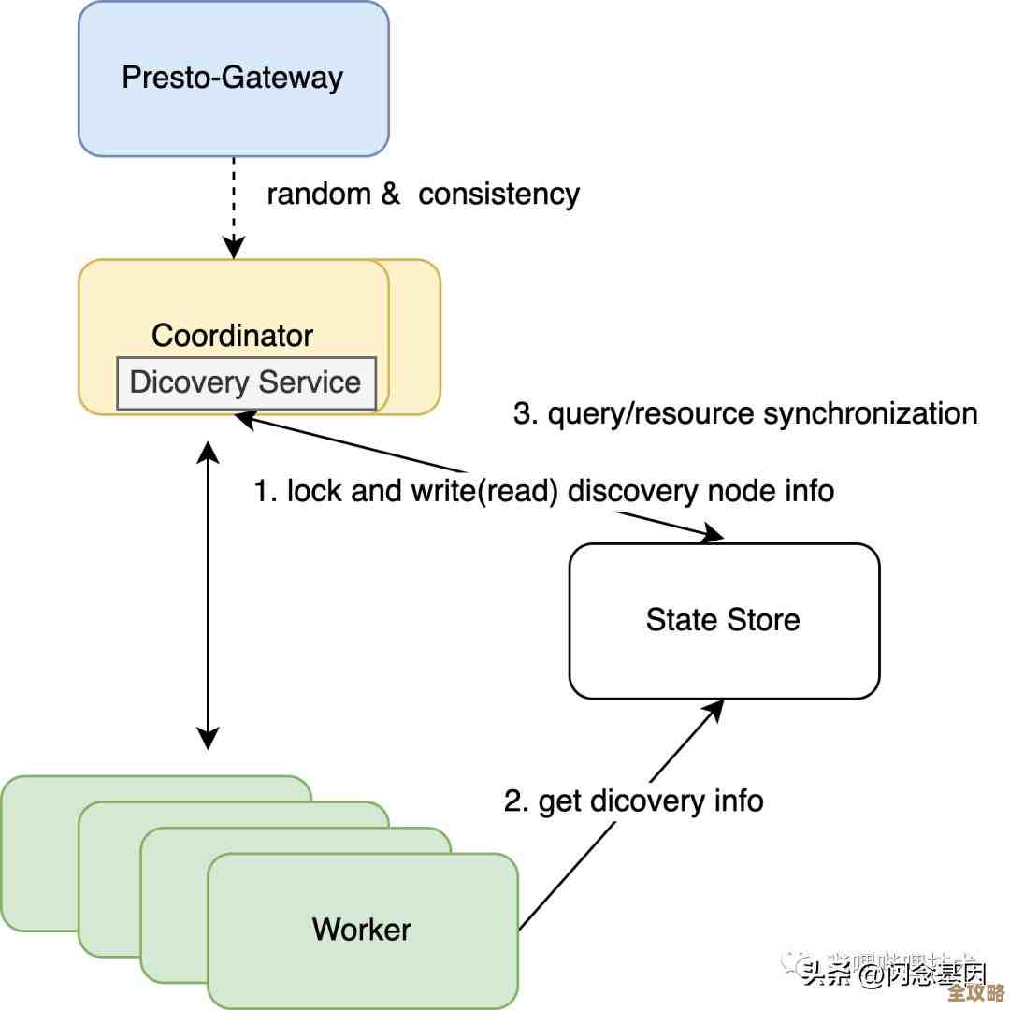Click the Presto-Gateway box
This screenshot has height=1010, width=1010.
tap(233, 78)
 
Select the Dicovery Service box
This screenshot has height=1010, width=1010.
tap(246, 382)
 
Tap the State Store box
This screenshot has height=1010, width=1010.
tap(724, 620)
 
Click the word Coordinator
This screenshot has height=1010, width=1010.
tap(233, 335)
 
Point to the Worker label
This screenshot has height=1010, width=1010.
tap(362, 930)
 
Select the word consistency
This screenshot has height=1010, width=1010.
tap(498, 195)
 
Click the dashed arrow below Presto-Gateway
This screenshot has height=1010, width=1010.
tap(234, 201)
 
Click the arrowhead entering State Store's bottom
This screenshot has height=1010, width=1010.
tap(715, 707)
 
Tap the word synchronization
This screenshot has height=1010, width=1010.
tap(871, 413)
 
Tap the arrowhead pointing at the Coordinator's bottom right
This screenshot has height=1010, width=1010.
tap(245, 420)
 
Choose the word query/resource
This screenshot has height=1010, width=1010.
tap(652, 413)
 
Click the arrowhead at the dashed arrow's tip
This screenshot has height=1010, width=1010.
tap(234, 249)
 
